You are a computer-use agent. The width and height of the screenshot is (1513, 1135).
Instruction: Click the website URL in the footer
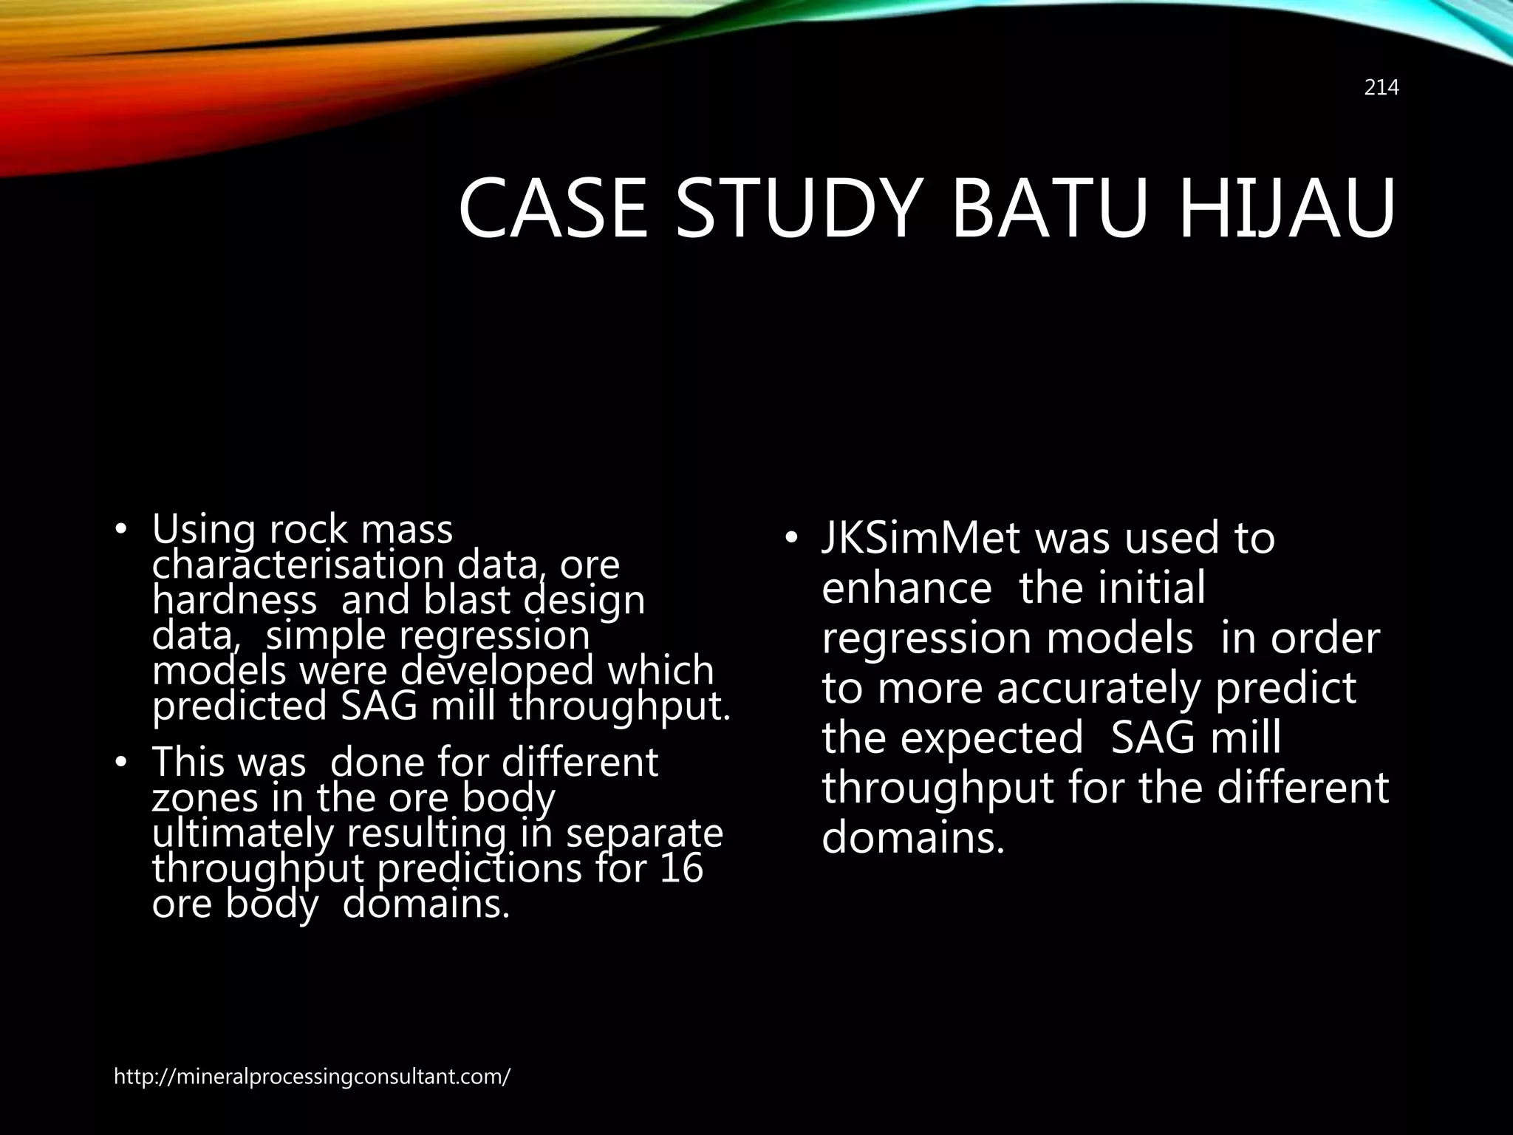pyautogui.click(x=312, y=1077)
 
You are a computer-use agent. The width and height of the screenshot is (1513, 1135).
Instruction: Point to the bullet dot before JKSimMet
pyautogui.click(x=791, y=539)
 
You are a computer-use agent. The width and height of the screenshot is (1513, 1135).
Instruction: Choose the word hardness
pyautogui.click(x=235, y=600)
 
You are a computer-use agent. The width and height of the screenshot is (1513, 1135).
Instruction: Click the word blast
pyautogui.click(x=466, y=600)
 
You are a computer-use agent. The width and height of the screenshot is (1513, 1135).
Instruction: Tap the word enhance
pyautogui.click(x=906, y=588)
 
